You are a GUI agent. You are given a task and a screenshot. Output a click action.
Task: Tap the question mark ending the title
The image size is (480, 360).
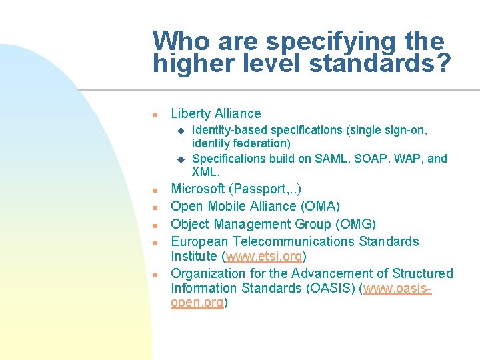click(x=443, y=63)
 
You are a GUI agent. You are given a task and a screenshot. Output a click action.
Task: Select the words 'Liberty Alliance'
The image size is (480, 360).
click(x=216, y=114)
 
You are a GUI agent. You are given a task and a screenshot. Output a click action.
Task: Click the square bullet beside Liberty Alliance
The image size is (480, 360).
click(x=154, y=115)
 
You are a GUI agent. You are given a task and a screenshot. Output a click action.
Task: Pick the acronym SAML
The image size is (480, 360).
click(x=325, y=159)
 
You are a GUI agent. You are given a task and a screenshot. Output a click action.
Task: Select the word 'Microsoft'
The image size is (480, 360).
click(x=198, y=189)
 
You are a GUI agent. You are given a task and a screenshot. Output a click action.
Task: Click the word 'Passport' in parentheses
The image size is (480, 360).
click(x=257, y=189)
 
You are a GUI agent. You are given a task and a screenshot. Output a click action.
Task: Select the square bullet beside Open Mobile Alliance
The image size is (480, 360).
click(x=154, y=207)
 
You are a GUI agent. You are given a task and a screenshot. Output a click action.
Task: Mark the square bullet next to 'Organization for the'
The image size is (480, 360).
click(x=154, y=274)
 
